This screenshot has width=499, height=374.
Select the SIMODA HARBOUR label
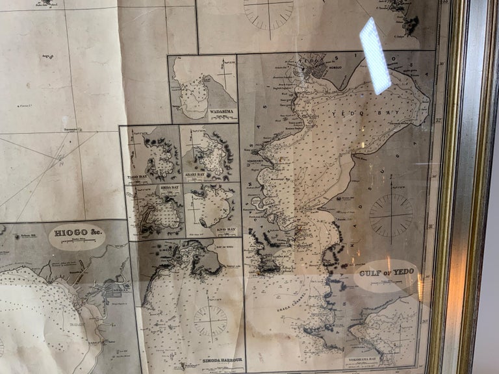[x=221, y=360]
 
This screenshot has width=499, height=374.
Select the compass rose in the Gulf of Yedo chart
[x=391, y=215]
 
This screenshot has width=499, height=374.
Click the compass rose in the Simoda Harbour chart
[x=211, y=320]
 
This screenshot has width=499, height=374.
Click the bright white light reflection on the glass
[x=376, y=55]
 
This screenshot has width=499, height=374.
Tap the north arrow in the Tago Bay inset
[x=134, y=140]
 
